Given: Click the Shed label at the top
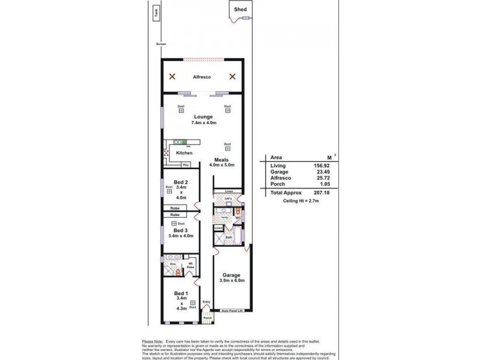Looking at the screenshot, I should coord(240,9).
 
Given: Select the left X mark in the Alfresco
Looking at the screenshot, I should coord(172,76).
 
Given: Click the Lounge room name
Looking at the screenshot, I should coord(201,118).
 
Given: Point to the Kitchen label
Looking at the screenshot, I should coord(184,153).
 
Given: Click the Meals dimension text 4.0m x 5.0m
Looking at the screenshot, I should coord(221,165).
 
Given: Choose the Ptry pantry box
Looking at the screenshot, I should coord(186,164).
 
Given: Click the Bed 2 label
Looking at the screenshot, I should coord(181,182).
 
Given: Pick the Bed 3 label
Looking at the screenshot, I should coord(181,230).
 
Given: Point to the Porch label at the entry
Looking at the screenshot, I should coord(208,318).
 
